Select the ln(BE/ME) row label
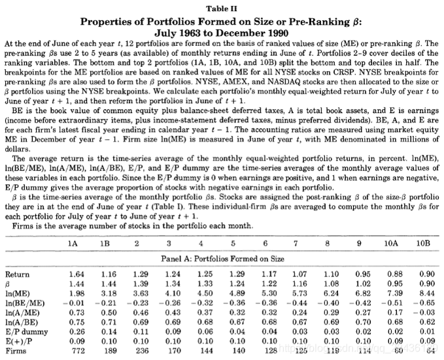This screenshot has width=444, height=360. point(24,304)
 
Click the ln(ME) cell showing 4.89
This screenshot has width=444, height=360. point(235,294)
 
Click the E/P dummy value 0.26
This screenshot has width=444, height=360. point(77,333)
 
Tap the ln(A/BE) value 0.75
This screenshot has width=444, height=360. point(77,323)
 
